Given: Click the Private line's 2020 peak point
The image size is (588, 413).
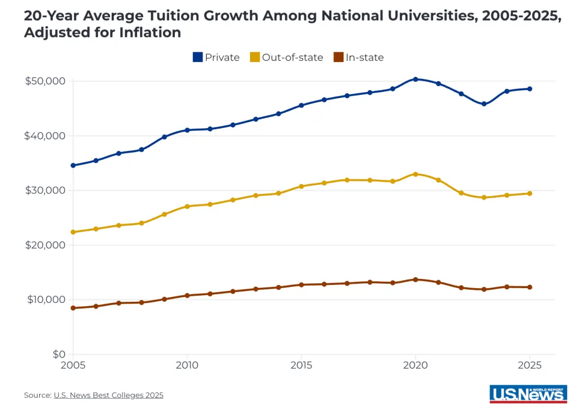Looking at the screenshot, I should (415, 79).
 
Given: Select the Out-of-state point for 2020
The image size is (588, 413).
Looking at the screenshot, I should (415, 174).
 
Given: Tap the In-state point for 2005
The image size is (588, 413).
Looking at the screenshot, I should (73, 308).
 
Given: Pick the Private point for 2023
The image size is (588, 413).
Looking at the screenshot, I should (484, 104).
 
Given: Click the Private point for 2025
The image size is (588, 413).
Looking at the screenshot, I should (530, 89).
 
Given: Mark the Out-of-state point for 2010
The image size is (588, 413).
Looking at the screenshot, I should (187, 206).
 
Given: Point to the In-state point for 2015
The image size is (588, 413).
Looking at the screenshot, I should (302, 284).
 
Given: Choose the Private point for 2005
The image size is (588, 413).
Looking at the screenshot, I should (73, 165).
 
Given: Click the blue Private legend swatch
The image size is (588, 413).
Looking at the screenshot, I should (198, 57).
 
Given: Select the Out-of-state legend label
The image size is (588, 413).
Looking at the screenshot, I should (292, 57).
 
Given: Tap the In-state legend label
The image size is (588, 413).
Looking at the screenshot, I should (364, 57).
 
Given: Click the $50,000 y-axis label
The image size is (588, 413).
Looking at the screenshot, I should (45, 81).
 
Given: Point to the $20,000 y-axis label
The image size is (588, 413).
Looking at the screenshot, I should (45, 245).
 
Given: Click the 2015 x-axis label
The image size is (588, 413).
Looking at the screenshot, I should (302, 366).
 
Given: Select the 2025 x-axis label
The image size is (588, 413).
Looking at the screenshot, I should (530, 366).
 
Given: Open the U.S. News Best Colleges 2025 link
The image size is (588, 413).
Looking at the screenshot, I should (108, 395).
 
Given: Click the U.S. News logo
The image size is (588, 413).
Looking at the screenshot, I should (528, 394).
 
